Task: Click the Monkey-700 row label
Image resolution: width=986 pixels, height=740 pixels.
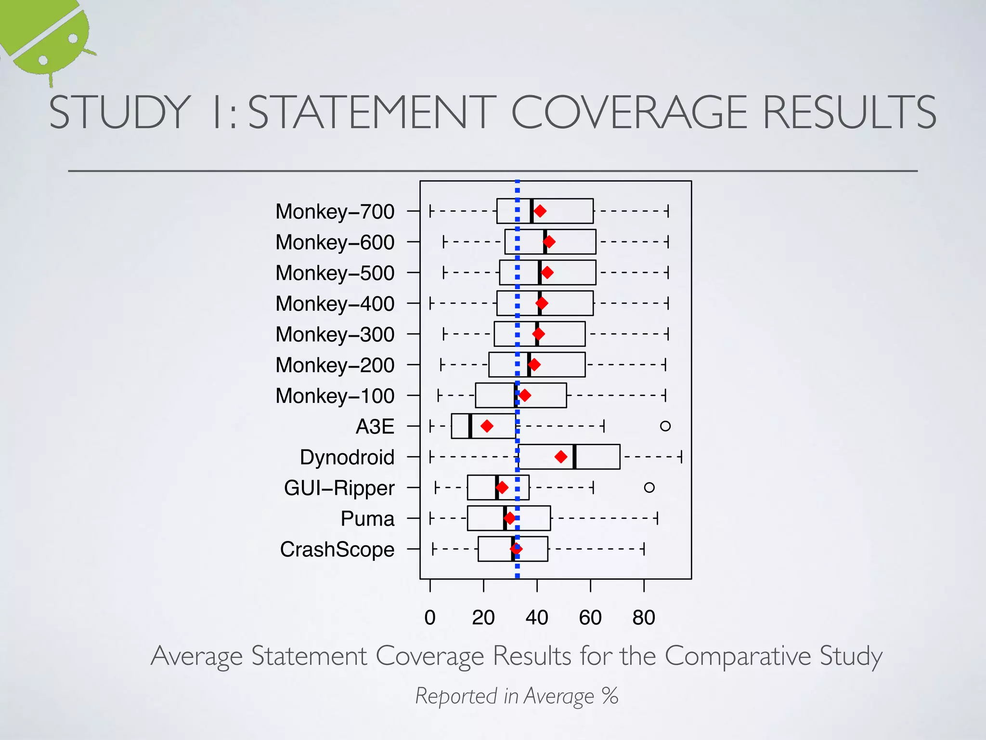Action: pyautogui.click(x=335, y=211)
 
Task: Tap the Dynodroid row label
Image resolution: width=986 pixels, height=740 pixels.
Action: pyautogui.click(x=347, y=457)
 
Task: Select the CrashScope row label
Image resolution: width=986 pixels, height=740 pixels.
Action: pyautogui.click(x=337, y=549)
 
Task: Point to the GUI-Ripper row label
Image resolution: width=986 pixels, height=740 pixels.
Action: pyautogui.click(x=339, y=488)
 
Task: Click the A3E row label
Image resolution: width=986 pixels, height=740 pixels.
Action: pyautogui.click(x=375, y=426)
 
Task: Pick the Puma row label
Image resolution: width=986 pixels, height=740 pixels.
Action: pyautogui.click(x=367, y=519)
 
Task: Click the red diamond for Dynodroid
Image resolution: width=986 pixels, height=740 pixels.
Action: pyautogui.click(x=560, y=457)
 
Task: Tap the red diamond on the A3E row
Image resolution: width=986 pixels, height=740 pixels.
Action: pyautogui.click(x=487, y=426)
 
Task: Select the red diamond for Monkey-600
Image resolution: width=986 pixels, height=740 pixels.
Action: pyautogui.click(x=549, y=242)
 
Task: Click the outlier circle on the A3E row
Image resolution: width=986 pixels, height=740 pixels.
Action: pyautogui.click(x=665, y=426)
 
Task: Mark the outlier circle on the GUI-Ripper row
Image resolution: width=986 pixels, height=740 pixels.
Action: pyautogui.click(x=649, y=488)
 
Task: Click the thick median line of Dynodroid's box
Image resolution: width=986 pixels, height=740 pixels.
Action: pyautogui.click(x=574, y=457)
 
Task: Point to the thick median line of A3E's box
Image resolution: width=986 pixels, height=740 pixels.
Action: pyautogui.click(x=470, y=426)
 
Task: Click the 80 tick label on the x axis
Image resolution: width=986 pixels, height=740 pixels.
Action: pyautogui.click(x=644, y=618)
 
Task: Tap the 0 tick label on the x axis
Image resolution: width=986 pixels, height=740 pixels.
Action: pyautogui.click(x=430, y=618)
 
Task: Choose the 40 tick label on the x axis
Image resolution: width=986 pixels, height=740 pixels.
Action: pyautogui.click(x=537, y=618)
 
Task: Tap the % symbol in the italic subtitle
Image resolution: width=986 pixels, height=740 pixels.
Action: pyautogui.click(x=610, y=696)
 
